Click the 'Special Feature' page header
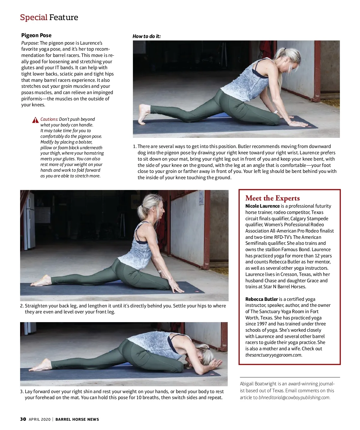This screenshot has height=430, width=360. (49, 17)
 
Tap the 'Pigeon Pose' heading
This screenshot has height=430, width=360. (36, 35)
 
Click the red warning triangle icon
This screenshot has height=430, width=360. (35, 120)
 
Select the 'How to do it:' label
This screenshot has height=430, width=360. (146, 36)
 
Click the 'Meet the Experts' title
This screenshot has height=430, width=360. (272, 198)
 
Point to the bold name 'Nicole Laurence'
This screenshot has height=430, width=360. (262, 206)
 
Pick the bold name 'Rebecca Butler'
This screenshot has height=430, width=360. (261, 299)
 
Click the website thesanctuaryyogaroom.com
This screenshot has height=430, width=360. (273, 355)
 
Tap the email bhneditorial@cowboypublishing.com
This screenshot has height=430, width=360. (294, 398)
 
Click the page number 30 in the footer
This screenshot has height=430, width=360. (23, 419)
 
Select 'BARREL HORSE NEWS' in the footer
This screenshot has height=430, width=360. (77, 420)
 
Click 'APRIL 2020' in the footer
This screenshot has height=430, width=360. (40, 420)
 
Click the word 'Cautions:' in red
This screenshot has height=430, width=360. (49, 119)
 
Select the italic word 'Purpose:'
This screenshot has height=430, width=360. (30, 43)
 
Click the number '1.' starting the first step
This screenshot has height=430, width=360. (135, 147)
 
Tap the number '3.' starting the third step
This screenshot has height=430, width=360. (22, 392)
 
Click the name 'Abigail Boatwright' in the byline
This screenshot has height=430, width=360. (258, 384)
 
